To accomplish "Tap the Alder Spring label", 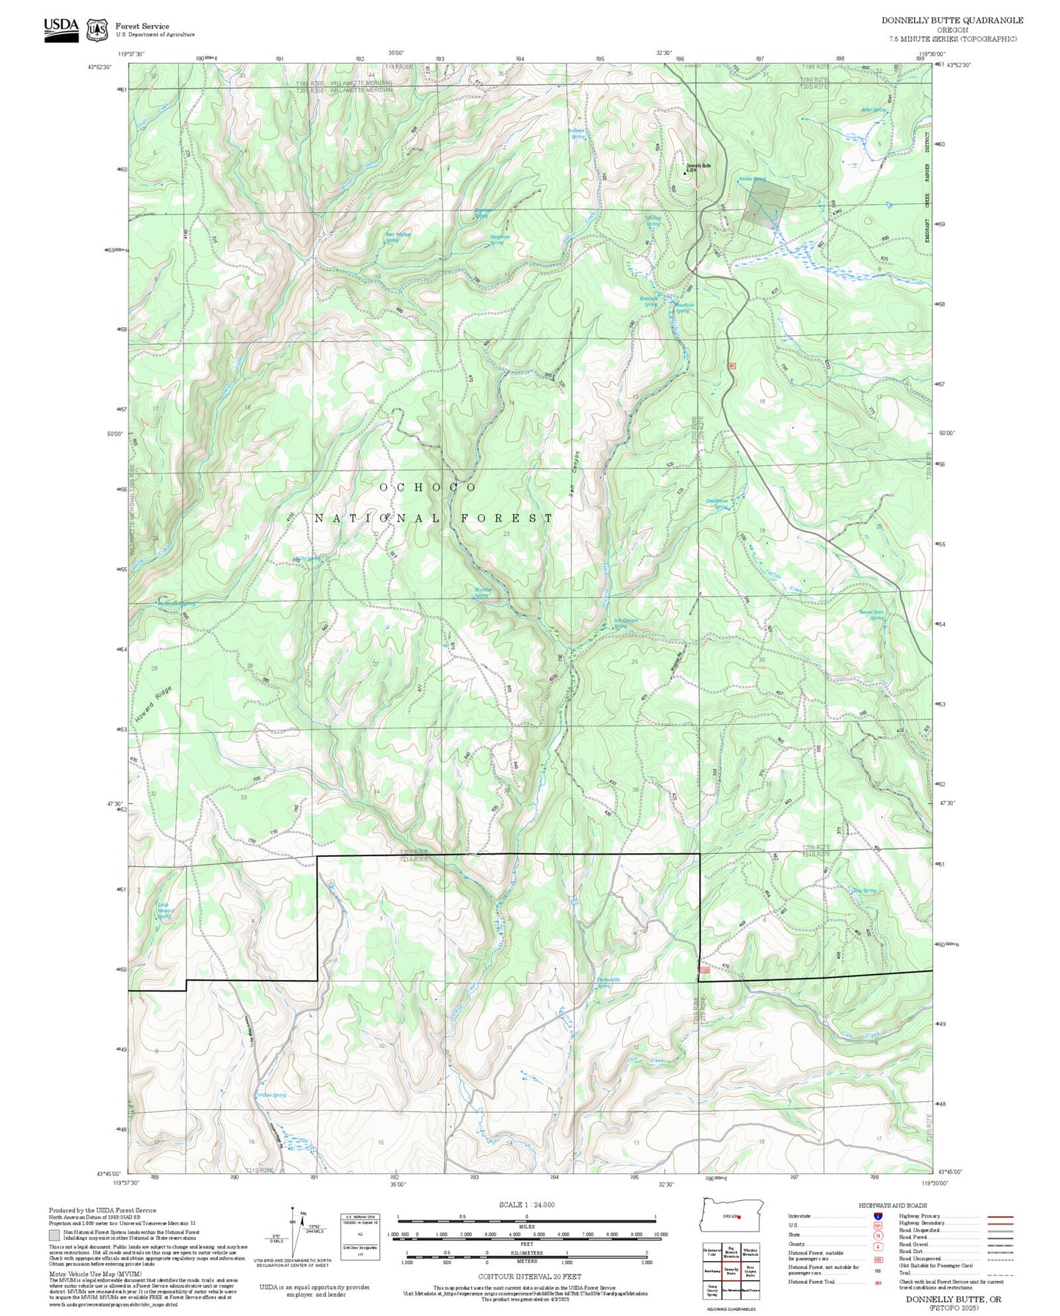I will [873, 110].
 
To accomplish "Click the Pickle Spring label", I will [752, 179].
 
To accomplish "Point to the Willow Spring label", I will [271, 1095].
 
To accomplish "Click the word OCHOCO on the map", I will [428, 487].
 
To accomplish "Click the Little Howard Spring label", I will [166, 911].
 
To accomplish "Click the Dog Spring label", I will [865, 891].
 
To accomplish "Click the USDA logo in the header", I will [61, 29].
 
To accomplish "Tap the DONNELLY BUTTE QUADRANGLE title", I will [952, 21].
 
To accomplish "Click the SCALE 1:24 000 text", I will [527, 1204].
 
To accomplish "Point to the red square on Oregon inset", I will [739, 1216].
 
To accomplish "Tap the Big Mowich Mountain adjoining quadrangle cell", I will [731, 1251].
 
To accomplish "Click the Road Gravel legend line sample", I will [1001, 1246].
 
